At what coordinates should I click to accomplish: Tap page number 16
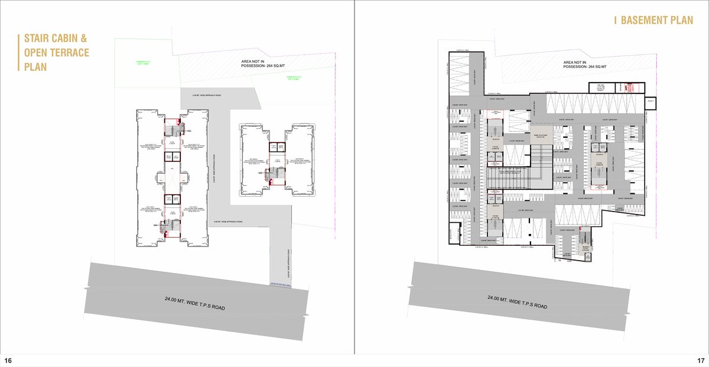(8, 360)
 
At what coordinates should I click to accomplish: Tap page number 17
(700, 360)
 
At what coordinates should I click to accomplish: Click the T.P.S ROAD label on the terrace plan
(195, 304)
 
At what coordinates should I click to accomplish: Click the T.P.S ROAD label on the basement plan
(517, 304)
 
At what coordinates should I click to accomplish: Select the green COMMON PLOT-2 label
(294, 77)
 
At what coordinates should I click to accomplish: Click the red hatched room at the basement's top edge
(627, 88)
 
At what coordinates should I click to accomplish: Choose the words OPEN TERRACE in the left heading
(57, 53)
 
